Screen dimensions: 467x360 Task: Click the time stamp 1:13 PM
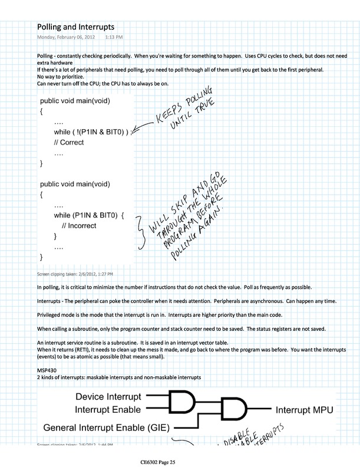click(114, 37)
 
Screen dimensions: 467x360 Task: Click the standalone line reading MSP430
click(45, 369)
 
